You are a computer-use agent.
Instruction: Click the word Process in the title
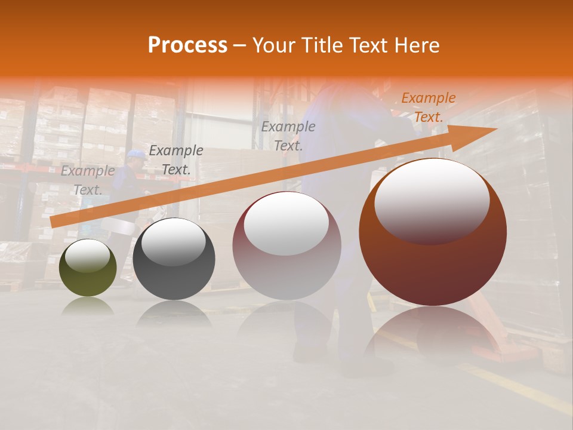point(187,45)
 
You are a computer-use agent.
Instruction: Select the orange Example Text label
point(429,107)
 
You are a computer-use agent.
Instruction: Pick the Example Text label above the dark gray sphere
point(176,160)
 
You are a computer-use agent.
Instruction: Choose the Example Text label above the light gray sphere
point(288,136)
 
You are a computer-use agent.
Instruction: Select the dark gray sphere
point(174,269)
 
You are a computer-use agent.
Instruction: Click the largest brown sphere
point(433,263)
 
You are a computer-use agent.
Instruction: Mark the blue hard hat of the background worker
point(136,154)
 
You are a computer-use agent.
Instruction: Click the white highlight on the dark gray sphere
point(173,242)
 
